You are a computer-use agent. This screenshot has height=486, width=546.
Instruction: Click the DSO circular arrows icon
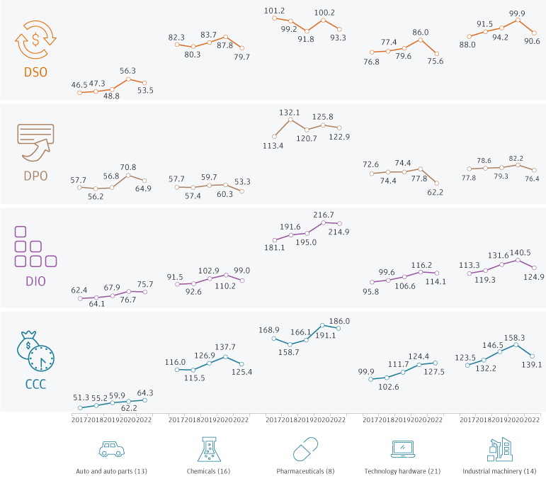click(35, 42)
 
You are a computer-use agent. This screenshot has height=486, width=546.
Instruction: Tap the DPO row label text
click(35, 176)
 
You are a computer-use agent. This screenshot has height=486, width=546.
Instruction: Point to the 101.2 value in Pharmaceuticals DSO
click(273, 11)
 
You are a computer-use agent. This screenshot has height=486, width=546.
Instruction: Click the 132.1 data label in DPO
click(290, 112)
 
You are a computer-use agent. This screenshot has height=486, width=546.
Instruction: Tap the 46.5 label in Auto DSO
click(80, 85)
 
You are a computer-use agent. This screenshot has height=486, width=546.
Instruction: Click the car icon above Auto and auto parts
click(112, 449)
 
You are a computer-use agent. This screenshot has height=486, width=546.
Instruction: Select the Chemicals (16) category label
click(208, 471)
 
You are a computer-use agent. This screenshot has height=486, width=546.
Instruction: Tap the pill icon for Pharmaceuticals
click(305, 449)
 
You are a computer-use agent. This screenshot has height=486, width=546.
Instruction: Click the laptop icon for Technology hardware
click(402, 449)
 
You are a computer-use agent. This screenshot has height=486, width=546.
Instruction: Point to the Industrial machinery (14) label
click(499, 471)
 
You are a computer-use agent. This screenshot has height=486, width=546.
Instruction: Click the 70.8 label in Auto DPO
click(128, 168)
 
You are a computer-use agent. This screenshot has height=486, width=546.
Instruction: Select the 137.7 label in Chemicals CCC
click(225, 347)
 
